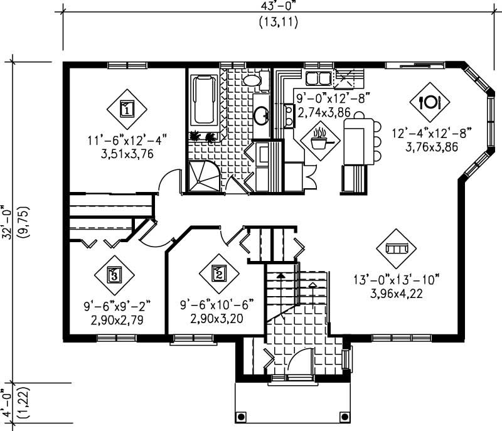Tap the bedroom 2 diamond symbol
(x=219, y=274)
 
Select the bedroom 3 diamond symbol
(x=114, y=274)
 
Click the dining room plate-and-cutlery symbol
(x=431, y=101)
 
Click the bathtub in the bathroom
(x=205, y=100)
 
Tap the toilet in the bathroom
(x=252, y=80)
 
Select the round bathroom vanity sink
(x=262, y=115)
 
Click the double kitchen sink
(x=319, y=78)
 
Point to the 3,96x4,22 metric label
(x=396, y=293)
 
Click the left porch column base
(x=240, y=417)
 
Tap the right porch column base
(x=343, y=417)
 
